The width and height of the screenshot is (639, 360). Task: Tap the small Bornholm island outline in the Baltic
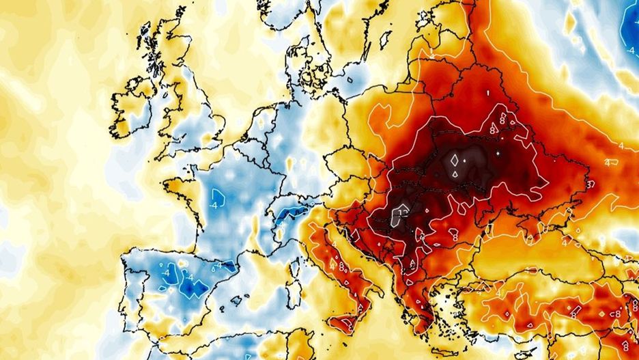coord(350,80)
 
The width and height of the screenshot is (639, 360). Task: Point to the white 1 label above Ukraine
coord(489,92)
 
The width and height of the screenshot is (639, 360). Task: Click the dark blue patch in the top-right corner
coord(632,24)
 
